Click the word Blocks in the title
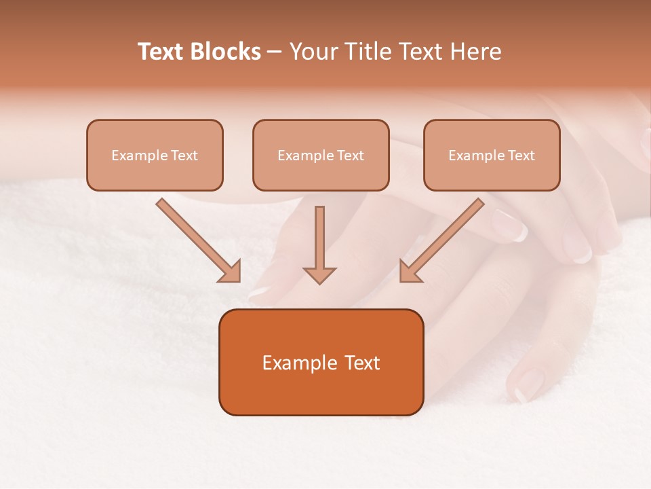225,52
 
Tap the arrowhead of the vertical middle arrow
319,274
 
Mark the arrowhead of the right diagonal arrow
410,272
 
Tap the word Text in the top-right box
521,156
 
